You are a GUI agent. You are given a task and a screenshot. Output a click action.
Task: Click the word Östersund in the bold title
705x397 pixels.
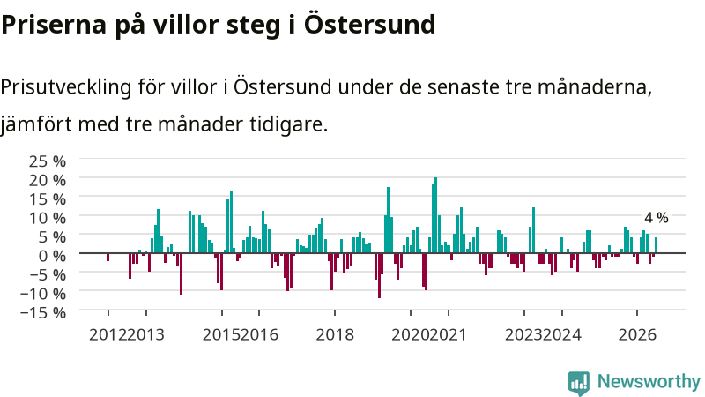[x=369, y=25]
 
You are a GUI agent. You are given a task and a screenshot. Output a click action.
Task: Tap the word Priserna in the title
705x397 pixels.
[x=54, y=25]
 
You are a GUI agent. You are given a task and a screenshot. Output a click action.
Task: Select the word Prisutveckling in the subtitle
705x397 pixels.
[x=65, y=87]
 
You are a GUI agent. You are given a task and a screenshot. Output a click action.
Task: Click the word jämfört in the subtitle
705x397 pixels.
[x=36, y=124]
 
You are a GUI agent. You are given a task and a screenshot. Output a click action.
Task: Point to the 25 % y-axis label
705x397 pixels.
[x=48, y=161]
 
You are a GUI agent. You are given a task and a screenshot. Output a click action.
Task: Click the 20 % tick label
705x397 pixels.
[x=48, y=180]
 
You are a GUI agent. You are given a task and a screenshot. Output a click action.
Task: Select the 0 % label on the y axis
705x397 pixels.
[x=52, y=256]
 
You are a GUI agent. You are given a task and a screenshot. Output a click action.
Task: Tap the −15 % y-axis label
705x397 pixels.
[x=43, y=312]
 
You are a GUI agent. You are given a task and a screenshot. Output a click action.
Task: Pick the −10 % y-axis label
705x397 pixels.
[x=43, y=294]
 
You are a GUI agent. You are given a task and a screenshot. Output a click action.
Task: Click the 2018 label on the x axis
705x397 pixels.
[x=335, y=335]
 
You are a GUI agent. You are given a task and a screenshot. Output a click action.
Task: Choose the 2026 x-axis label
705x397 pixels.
[x=637, y=335]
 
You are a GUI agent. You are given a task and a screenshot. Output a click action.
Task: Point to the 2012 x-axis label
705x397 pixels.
[x=108, y=335]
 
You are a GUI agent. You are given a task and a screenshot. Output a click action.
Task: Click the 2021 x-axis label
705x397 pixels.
[x=448, y=335]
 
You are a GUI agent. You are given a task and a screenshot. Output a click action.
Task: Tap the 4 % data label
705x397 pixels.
[x=656, y=218]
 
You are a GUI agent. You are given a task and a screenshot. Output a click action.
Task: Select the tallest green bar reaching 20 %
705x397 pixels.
[x=435, y=215]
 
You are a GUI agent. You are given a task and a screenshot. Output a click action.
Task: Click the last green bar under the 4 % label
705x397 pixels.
[x=656, y=245]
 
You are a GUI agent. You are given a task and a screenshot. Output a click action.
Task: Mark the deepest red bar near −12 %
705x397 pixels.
[x=380, y=275]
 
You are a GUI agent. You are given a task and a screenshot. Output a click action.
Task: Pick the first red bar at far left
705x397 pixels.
[x=108, y=257]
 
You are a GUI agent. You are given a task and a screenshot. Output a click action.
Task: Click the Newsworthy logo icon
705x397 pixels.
[x=579, y=383]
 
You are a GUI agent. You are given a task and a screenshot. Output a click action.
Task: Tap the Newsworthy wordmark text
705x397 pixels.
[x=649, y=382]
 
